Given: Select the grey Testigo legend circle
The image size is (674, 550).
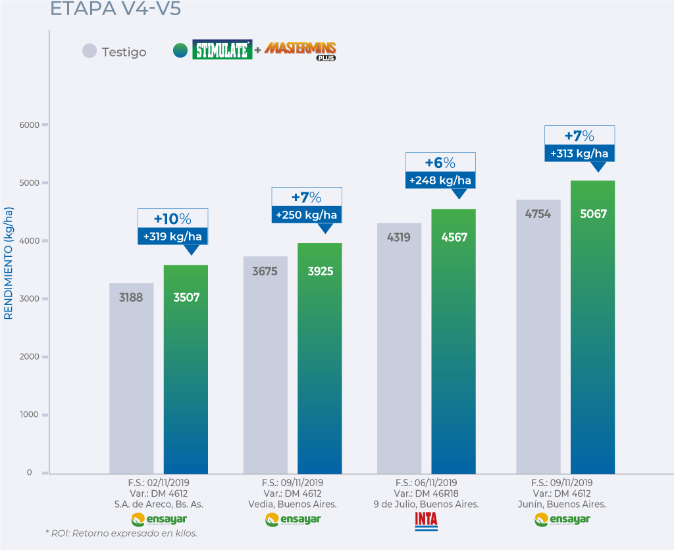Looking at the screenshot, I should pyautogui.click(x=90, y=51).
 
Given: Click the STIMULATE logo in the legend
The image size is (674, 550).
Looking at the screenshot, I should pyautogui.click(x=222, y=50).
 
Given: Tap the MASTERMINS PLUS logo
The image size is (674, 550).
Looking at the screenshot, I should pyautogui.click(x=301, y=50).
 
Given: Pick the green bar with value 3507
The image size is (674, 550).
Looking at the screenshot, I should pyautogui.click(x=186, y=369).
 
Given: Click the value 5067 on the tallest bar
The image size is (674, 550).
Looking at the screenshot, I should pyautogui.click(x=592, y=213).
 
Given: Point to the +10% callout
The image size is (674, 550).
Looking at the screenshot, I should pyautogui.click(x=172, y=218).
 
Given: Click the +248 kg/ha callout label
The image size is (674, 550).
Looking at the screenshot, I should pyautogui.click(x=440, y=180).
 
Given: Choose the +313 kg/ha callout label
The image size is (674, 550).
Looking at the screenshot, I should pyautogui.click(x=579, y=153).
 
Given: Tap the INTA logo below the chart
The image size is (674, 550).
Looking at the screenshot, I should pyautogui.click(x=426, y=520).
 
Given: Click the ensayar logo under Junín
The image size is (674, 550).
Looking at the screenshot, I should pyautogui.click(x=561, y=520).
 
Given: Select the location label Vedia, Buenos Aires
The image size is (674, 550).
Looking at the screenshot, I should pyautogui.click(x=292, y=504).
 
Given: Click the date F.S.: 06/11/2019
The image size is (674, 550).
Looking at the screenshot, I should pyautogui.click(x=426, y=482).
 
